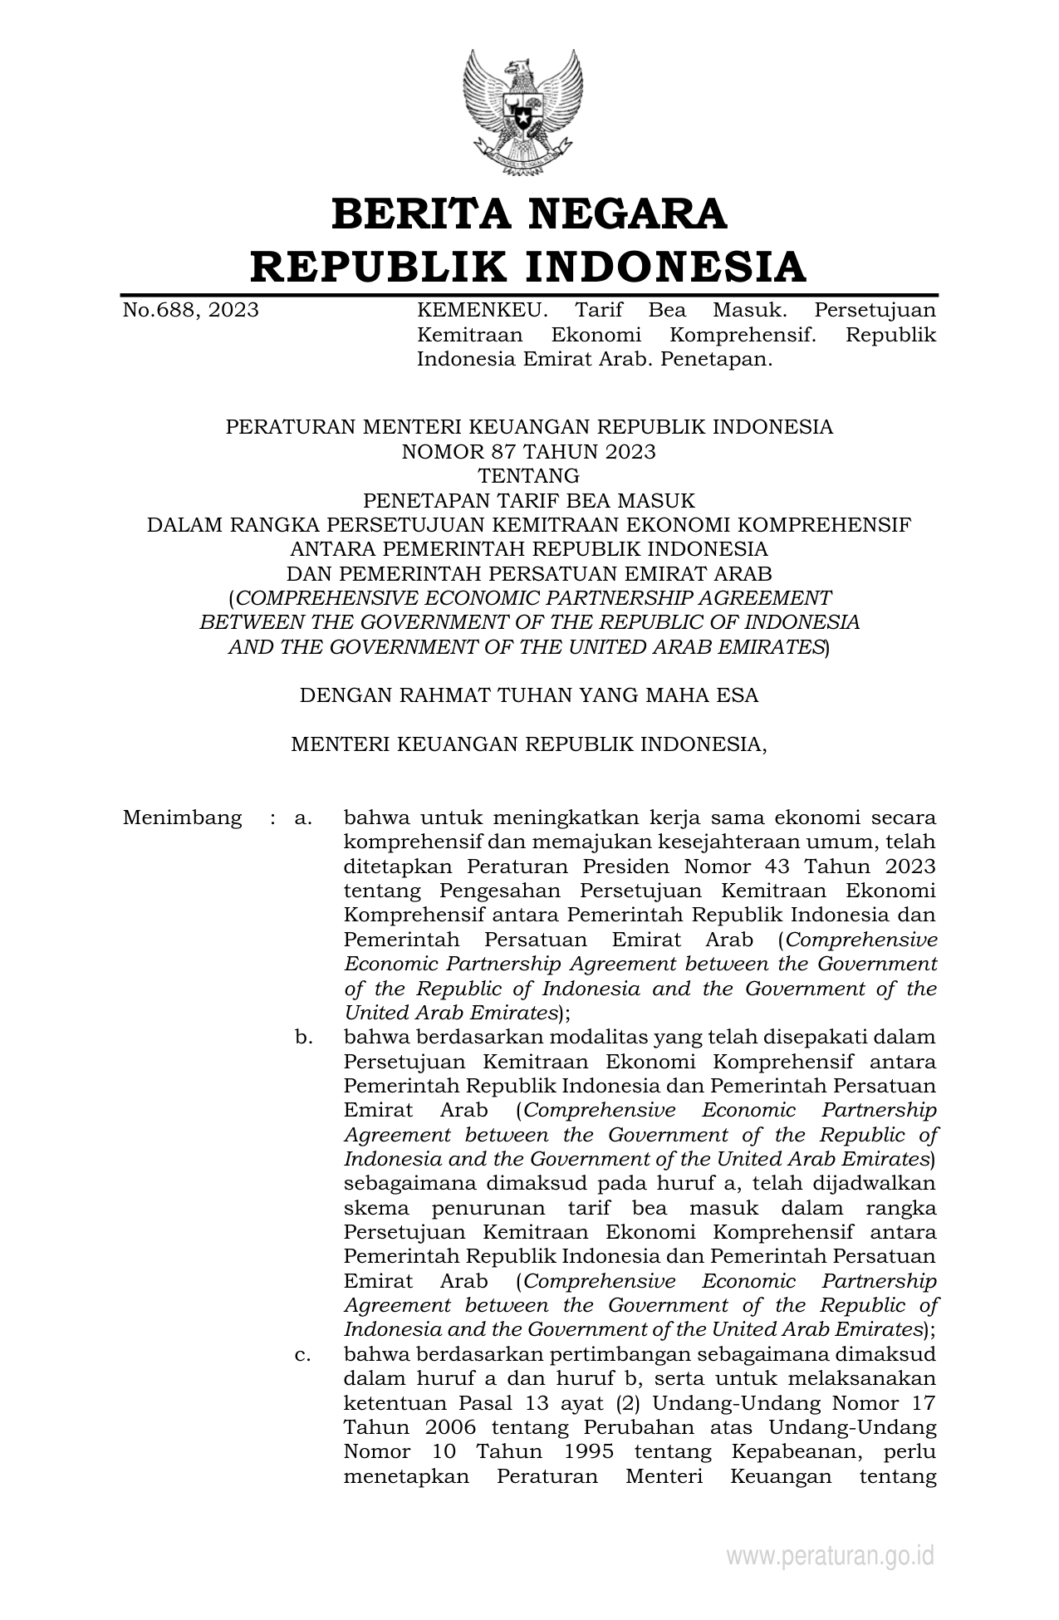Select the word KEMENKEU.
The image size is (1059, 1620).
482,311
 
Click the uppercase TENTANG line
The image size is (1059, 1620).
529,476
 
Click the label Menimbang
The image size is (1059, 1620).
182,817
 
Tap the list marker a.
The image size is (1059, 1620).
302,818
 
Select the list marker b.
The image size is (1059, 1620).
302,1038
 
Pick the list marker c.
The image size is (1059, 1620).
302,1355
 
